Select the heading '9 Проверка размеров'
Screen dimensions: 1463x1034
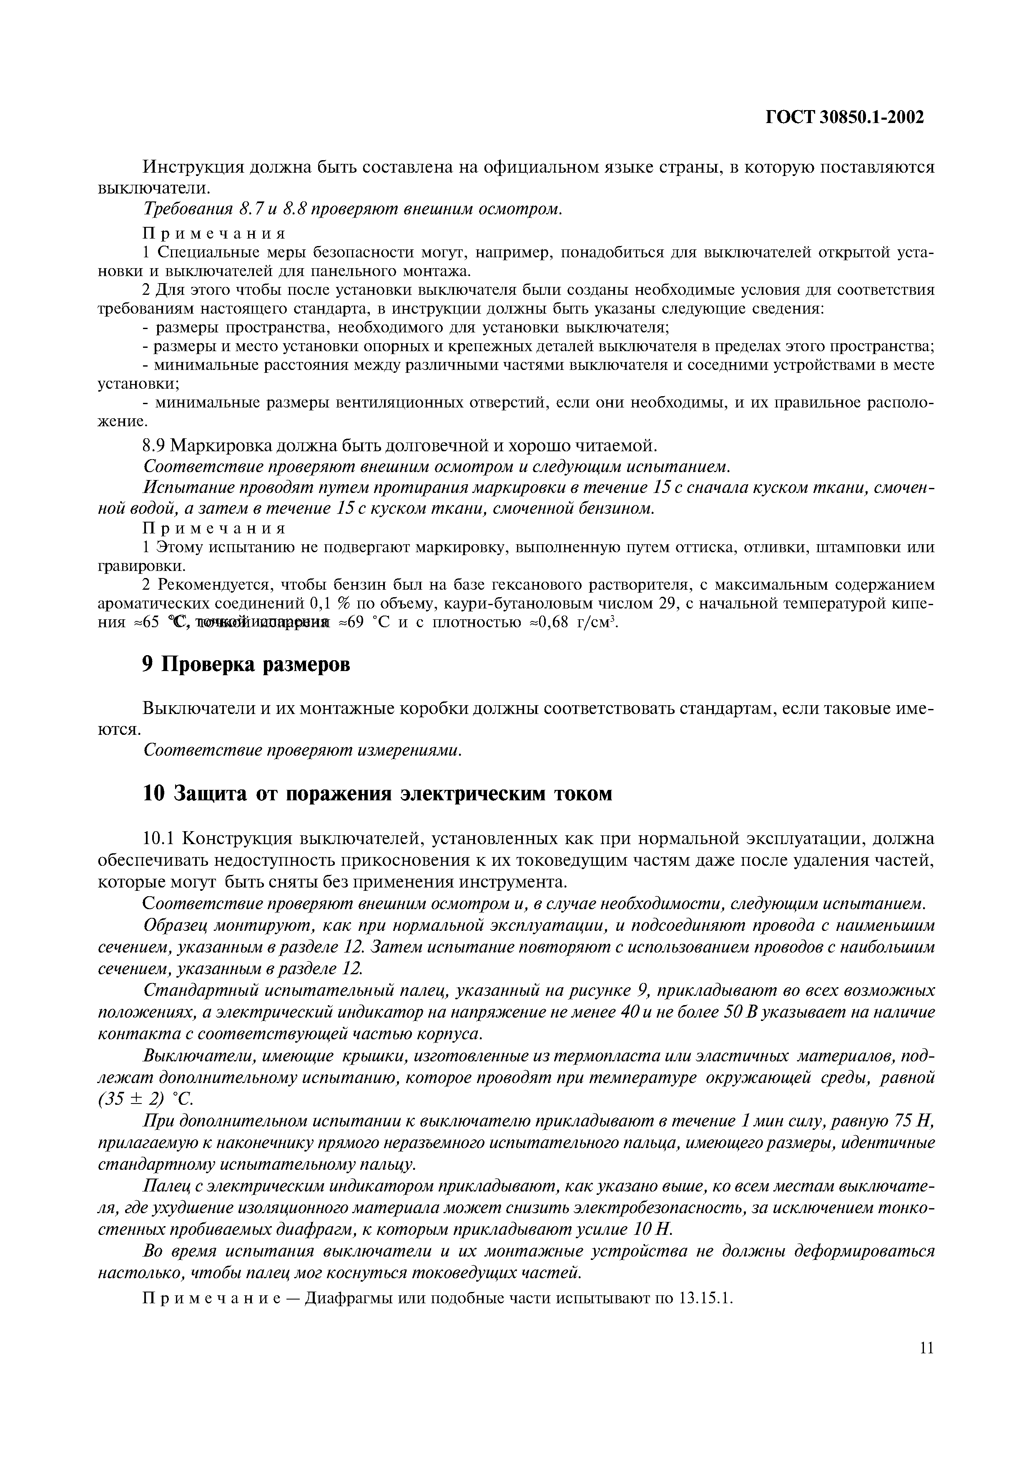246,665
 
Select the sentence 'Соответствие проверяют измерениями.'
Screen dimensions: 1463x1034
302,750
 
